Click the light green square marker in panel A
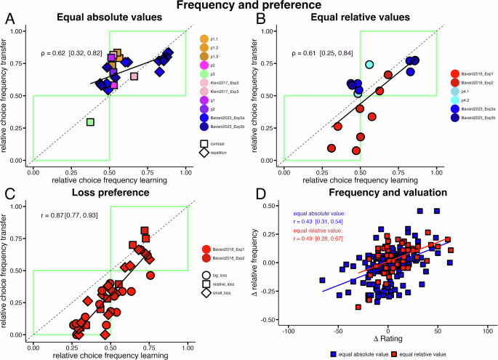coord(90,122)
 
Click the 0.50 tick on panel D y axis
coord(269,206)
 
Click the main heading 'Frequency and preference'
coord(249,6)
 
